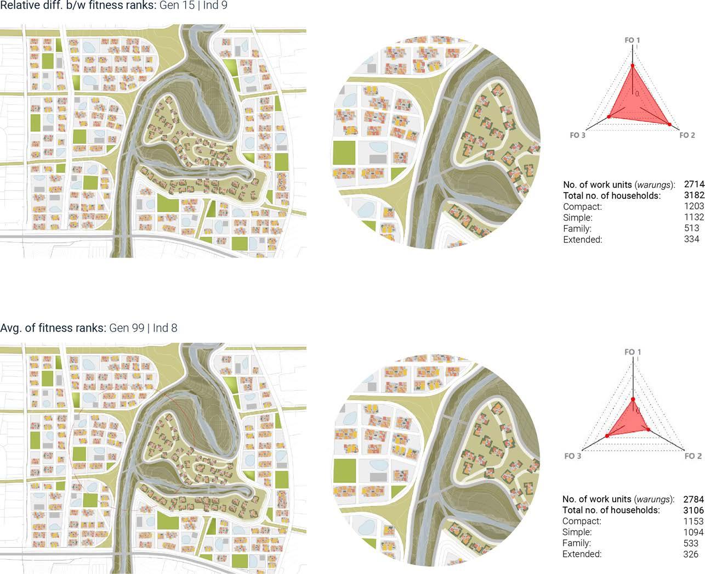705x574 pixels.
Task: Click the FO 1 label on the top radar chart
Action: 632,40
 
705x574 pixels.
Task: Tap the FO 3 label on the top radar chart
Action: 577,135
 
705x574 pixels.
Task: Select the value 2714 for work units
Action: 694,184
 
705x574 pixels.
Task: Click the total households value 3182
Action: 694,195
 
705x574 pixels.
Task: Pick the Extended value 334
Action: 691,239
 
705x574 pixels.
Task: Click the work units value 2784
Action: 693,499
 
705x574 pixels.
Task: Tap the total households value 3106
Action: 693,510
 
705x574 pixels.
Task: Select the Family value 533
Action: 691,543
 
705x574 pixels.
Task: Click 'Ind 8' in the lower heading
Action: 165,328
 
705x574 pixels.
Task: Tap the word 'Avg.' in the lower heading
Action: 10,328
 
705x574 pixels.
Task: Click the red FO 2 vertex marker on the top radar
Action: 669,124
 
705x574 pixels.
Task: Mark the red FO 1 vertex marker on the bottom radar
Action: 633,399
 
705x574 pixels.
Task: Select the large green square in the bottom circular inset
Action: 345,472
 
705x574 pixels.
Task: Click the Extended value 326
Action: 691,554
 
